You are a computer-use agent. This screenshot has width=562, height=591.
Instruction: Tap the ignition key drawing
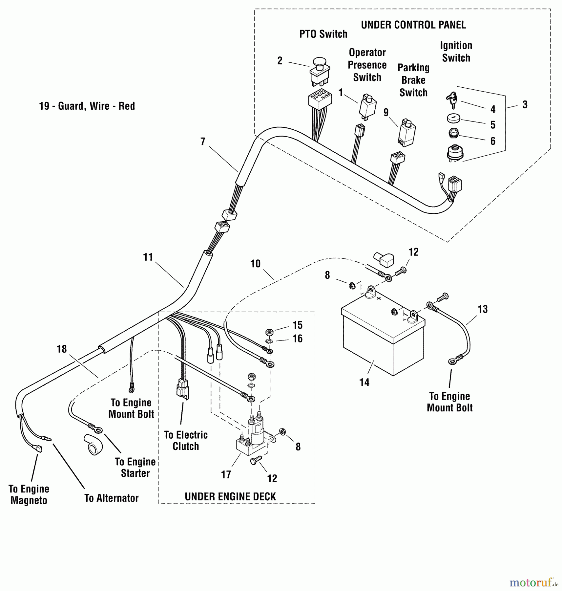[452, 99]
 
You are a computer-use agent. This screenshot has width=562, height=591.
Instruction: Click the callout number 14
[364, 382]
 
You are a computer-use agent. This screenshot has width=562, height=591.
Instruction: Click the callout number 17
[226, 474]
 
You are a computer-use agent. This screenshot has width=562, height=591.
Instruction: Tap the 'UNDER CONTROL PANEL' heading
[413, 25]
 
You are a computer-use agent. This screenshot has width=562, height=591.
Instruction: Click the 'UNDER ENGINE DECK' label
[230, 496]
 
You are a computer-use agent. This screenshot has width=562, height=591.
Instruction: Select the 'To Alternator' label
[112, 498]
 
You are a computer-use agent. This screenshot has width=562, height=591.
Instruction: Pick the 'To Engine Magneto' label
[29, 494]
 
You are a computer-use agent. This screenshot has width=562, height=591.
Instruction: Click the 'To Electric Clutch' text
[186, 441]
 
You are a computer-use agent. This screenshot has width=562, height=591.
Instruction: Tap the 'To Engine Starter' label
[135, 467]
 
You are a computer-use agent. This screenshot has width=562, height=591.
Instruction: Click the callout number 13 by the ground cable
[483, 309]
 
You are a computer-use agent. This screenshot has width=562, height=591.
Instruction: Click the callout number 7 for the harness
[203, 142]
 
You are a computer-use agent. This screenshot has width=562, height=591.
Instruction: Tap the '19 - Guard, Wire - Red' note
[87, 106]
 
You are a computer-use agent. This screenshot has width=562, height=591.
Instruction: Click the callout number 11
[148, 257]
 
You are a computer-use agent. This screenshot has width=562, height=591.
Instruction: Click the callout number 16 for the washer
[298, 339]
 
